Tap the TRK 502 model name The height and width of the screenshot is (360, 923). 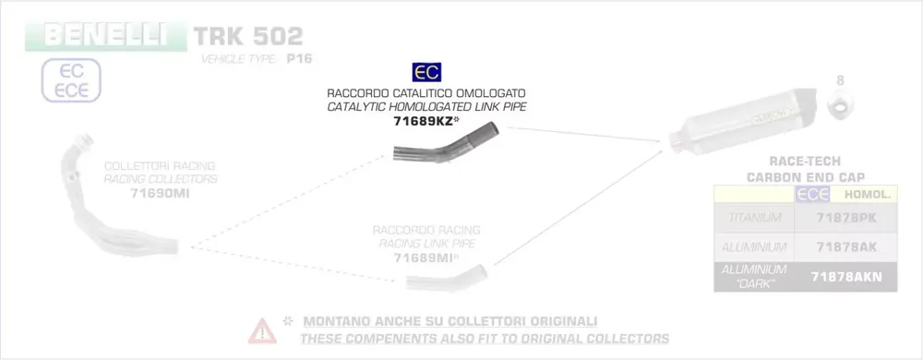247,36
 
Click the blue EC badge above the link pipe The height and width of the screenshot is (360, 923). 426,72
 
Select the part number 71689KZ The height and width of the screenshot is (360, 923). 425,121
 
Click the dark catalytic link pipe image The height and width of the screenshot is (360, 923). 439,148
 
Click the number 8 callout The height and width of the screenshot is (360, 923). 840,81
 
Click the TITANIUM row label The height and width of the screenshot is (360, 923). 755,218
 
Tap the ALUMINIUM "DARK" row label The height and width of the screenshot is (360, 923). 755,276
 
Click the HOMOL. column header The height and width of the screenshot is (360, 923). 864,194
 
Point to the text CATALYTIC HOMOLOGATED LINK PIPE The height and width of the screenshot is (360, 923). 426,107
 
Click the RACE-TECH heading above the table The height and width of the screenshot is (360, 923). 804,160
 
